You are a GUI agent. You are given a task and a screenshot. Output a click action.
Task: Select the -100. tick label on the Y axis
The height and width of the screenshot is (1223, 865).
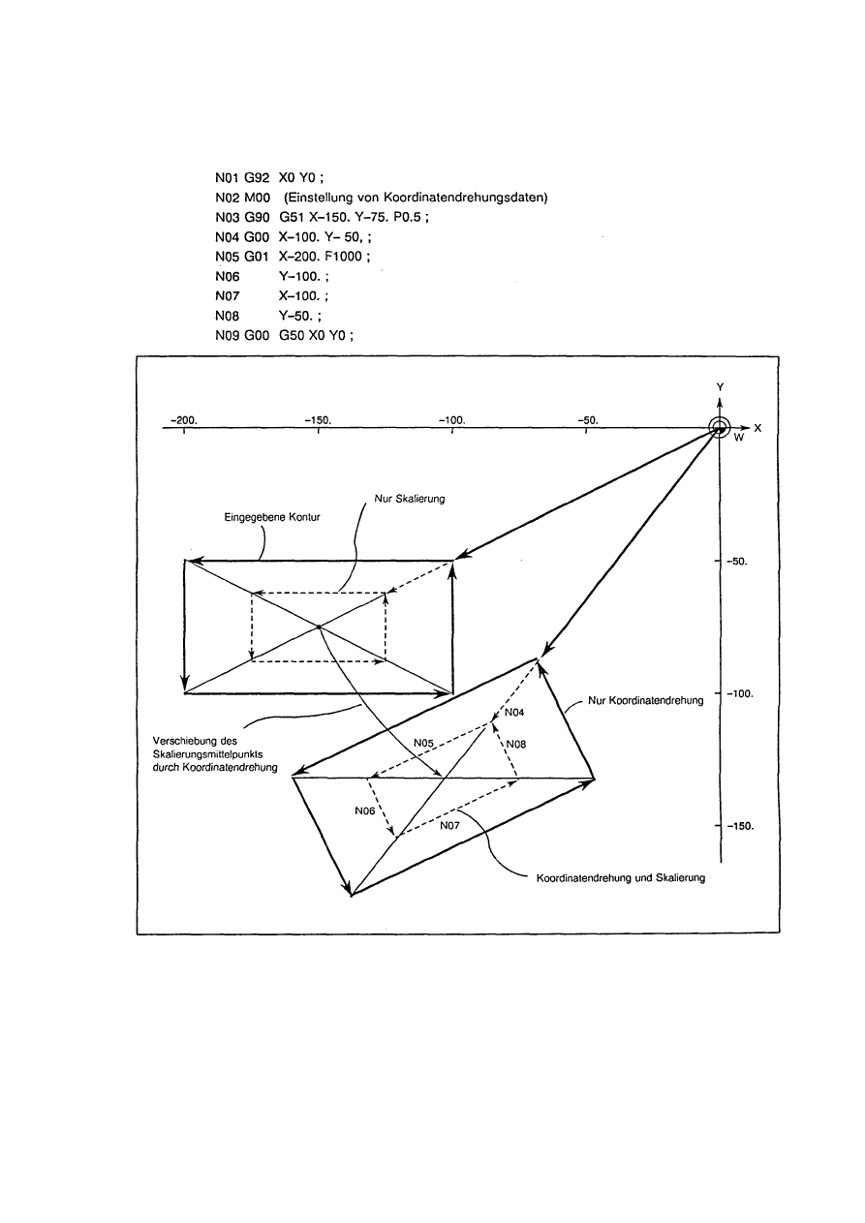[x=743, y=694]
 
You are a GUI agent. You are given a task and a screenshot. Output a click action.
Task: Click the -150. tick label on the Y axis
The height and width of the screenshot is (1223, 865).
[x=743, y=827]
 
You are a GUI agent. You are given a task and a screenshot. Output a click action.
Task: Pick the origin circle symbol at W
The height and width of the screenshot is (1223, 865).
[x=718, y=428]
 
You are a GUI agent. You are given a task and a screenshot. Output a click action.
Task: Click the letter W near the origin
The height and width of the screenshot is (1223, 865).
[x=738, y=438]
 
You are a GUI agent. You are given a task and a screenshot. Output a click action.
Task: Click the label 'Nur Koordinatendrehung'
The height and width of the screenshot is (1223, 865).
[x=646, y=700]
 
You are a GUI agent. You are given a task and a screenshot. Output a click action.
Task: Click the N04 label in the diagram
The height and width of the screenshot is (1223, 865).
[x=514, y=713]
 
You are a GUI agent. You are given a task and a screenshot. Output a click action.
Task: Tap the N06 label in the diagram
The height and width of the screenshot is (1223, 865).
[x=365, y=810]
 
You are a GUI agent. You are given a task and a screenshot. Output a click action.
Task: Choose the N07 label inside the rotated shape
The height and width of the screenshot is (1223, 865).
[x=449, y=826]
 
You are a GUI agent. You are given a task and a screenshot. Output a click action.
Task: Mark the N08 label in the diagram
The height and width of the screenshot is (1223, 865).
[x=516, y=744]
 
